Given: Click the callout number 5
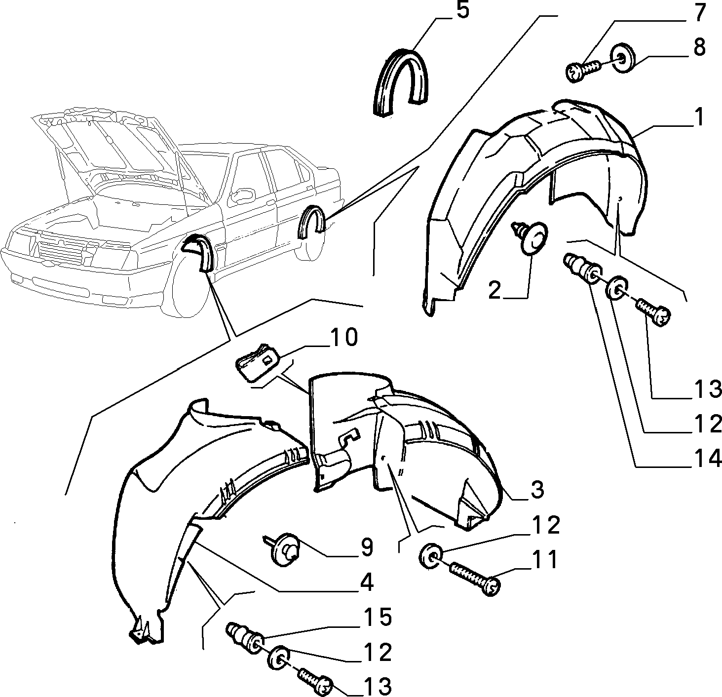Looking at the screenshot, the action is (462, 10).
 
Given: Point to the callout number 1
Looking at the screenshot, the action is (699, 118).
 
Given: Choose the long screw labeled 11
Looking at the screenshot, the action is (476, 580).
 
